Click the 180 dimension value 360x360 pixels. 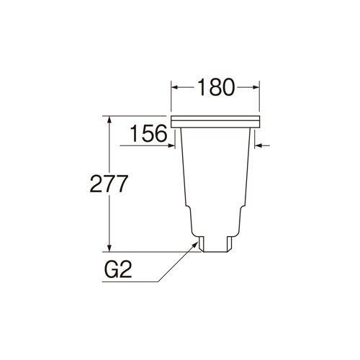(x=215, y=88)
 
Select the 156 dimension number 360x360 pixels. (x=149, y=133)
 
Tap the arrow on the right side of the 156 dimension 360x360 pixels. (x=261, y=146)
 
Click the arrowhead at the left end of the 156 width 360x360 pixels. (x=172, y=146)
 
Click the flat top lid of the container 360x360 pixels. (x=215, y=118)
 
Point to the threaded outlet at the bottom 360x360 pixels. (x=215, y=241)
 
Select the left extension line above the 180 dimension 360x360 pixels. (x=171, y=97)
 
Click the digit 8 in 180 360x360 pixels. (x=215, y=88)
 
